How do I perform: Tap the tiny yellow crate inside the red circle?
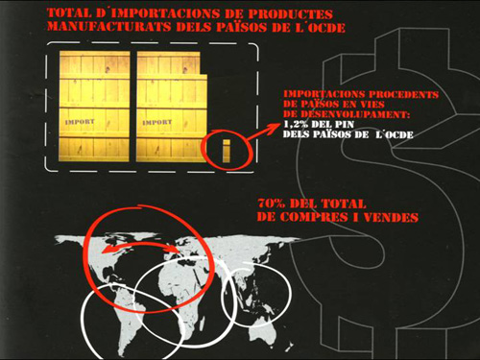point(227,148)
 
